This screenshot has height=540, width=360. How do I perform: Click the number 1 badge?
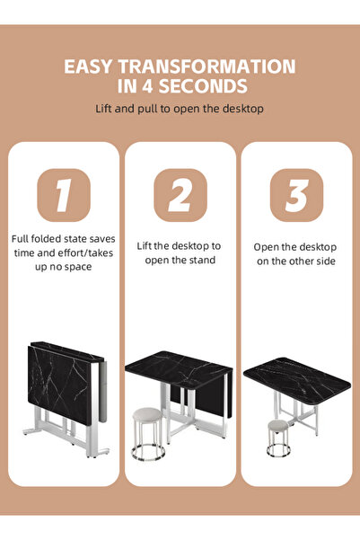tap(63, 195)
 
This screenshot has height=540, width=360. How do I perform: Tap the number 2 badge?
tap(180, 195)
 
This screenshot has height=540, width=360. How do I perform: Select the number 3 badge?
tap(296, 195)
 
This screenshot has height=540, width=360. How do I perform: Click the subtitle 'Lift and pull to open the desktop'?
tap(180, 109)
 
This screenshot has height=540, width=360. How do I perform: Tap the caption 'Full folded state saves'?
tap(63, 239)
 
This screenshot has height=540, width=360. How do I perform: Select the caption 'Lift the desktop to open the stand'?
tap(180, 252)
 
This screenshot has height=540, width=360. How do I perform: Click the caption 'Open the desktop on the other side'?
tap(295, 252)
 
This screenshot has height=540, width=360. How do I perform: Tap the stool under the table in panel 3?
tap(279, 435)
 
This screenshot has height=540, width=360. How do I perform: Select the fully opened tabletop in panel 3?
tap(296, 376)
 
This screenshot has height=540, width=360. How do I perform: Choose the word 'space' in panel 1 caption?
tap(76, 267)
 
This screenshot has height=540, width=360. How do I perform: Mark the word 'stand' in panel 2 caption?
tap(203, 261)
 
